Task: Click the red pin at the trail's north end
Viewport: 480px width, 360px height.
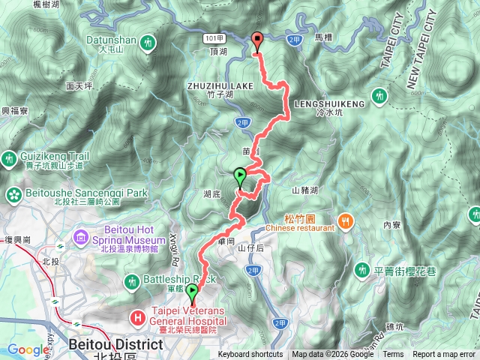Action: (257, 41)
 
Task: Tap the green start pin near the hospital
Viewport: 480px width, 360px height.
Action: (192, 292)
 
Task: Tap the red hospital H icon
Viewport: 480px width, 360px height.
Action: (137, 318)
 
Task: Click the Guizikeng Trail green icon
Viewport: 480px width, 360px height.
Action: (9, 158)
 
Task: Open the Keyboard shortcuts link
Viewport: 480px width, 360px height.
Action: (250, 355)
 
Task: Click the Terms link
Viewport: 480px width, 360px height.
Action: (393, 355)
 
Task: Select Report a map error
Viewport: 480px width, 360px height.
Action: (444, 355)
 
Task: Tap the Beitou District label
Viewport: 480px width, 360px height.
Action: (115, 344)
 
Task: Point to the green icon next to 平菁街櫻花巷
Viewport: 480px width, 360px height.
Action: (362, 269)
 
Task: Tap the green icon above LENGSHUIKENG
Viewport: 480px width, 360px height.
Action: (379, 94)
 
